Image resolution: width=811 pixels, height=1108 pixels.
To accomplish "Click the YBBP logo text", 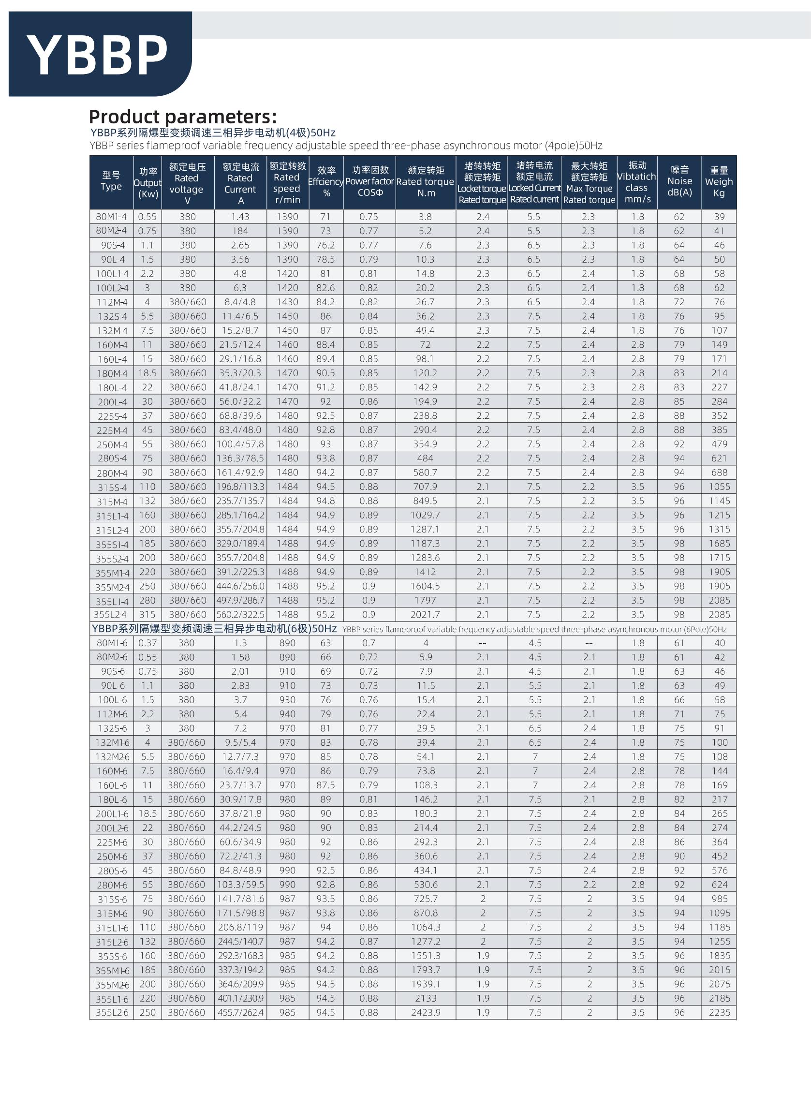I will [97, 56].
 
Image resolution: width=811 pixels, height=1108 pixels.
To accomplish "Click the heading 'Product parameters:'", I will [183, 117].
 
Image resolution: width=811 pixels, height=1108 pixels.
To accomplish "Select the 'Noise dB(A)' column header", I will [679, 182].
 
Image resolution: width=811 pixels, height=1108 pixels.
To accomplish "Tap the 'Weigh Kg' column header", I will [719, 182].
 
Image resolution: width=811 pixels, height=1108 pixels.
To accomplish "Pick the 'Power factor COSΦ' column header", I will [369, 182].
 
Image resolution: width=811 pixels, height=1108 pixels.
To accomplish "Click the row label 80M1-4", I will [111, 217].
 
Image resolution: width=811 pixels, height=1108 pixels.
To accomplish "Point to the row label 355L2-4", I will [111, 615].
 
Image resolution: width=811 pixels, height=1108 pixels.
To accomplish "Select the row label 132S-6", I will [111, 728].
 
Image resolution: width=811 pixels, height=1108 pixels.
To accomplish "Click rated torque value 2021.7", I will [425, 615].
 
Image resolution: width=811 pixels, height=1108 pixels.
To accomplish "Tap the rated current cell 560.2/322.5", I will [240, 615].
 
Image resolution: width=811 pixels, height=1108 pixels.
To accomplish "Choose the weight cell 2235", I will [720, 1013].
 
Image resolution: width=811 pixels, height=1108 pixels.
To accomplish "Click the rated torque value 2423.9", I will [426, 1013].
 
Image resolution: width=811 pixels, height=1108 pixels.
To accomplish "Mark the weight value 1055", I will [720, 487].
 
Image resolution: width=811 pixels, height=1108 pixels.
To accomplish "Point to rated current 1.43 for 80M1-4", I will [240, 217].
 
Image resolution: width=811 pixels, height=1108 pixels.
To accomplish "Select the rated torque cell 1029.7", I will [425, 516].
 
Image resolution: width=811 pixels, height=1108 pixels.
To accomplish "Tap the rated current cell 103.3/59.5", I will [240, 885].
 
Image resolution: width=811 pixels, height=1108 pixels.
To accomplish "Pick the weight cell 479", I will [720, 444].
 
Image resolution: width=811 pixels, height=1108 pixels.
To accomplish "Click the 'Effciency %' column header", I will [326, 182].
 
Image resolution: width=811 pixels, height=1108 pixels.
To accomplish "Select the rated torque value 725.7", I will [426, 899].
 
